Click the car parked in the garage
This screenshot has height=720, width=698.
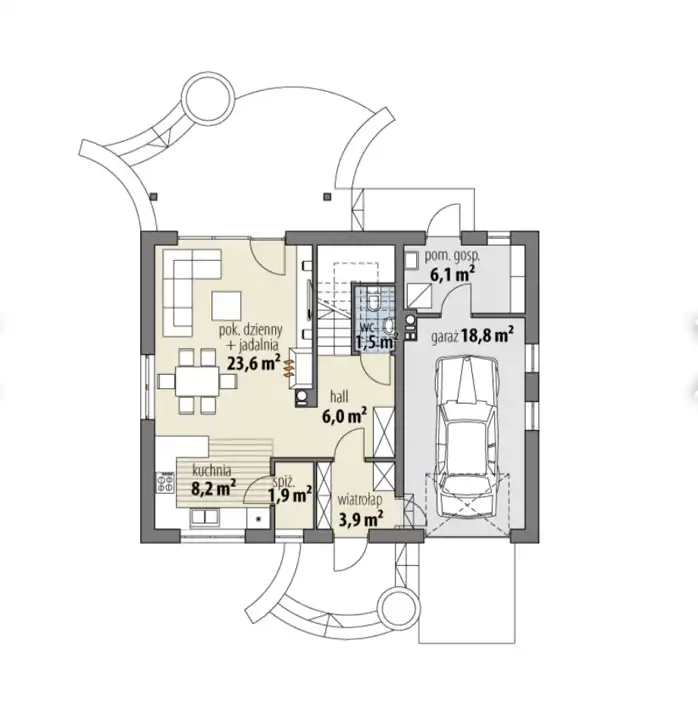pos(467,437)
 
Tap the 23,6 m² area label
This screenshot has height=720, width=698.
pos(254,363)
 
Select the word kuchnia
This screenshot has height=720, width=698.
pos(212,470)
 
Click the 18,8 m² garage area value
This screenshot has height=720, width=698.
pos(488,335)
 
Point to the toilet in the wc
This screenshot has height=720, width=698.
pos(374,300)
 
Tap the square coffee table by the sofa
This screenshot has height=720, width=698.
pos(226,306)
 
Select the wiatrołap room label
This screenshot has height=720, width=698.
pos(360,499)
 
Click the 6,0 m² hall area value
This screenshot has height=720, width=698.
pos(344,416)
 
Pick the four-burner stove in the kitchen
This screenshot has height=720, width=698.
pos(166,483)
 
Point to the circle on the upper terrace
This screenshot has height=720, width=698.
pos(208,97)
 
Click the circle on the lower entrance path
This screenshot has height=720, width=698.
pos(399,610)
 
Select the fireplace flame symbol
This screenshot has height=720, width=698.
pos(288,369)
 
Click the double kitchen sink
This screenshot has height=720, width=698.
pos(204,517)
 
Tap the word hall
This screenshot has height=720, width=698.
pos(339,396)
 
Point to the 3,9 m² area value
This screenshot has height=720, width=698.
pos(361,519)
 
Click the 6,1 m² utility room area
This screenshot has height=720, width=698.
pos(452,275)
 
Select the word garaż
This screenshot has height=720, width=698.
pos(444,338)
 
